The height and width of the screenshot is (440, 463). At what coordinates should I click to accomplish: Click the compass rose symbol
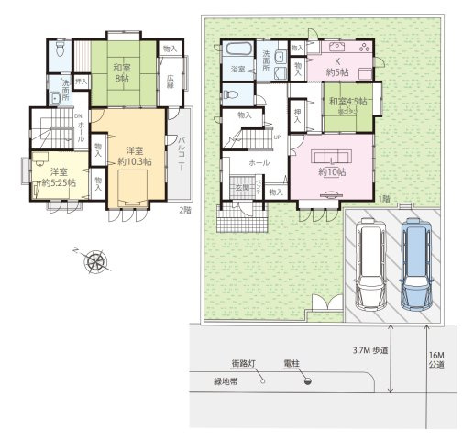click(95, 263)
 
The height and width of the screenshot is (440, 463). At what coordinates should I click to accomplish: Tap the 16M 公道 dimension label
click(435, 358)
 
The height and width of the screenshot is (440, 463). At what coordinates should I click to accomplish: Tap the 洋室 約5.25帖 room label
click(57, 177)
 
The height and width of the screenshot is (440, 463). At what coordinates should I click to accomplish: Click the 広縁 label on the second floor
click(171, 82)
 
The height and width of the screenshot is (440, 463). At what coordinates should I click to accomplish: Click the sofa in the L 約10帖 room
click(331, 154)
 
